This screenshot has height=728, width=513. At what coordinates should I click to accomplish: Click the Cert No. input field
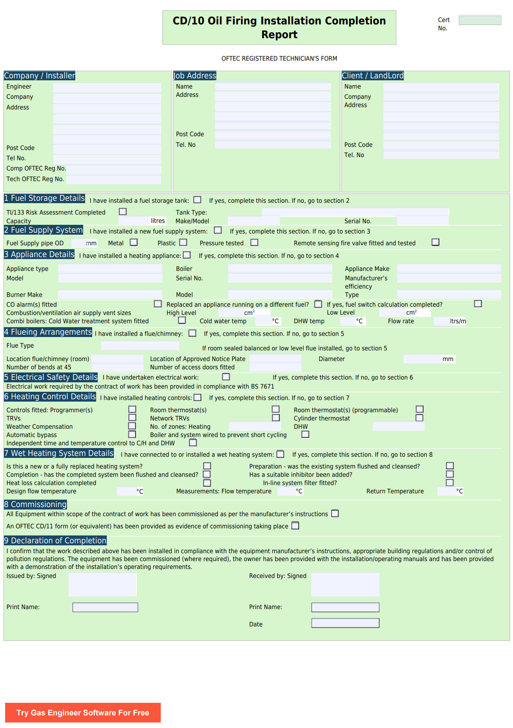(480, 20)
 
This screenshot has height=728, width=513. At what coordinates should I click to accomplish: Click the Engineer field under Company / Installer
(107, 87)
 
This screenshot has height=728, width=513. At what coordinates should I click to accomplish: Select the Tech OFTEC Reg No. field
(113, 180)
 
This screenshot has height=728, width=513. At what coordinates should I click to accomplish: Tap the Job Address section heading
(195, 76)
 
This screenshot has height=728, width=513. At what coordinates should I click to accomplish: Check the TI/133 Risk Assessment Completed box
(123, 212)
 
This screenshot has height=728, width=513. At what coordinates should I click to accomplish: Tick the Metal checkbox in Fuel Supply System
(134, 243)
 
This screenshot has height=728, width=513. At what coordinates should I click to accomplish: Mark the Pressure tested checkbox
(255, 243)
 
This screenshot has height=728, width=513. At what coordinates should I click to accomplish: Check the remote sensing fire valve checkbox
(435, 242)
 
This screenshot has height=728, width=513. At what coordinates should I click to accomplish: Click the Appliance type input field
(110, 269)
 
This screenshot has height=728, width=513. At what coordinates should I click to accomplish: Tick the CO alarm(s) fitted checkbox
(158, 304)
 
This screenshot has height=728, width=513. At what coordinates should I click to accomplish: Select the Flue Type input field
(140, 346)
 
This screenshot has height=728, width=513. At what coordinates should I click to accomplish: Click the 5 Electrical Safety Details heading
(51, 377)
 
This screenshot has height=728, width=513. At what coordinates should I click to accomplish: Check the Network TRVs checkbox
(276, 418)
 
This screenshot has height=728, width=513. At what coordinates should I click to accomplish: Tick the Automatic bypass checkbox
(132, 434)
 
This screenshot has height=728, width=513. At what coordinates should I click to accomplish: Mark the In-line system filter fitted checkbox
(450, 483)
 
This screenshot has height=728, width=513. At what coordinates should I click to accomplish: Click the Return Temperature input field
(446, 491)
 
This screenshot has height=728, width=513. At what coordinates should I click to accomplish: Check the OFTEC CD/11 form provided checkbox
(295, 526)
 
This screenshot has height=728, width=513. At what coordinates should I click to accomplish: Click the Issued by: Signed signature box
(102, 584)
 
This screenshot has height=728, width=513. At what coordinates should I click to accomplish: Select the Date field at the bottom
(345, 623)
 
